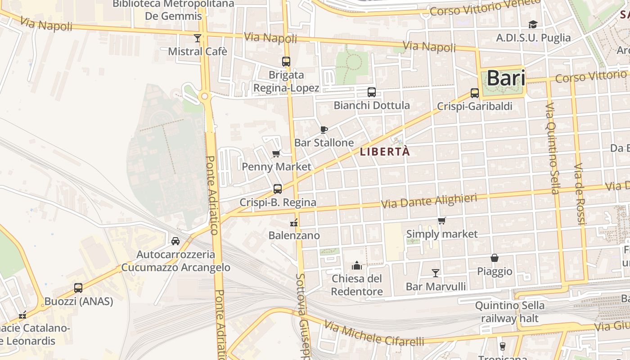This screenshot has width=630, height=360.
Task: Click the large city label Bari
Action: click(506, 78)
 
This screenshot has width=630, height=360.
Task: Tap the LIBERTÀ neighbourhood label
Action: click(385, 152)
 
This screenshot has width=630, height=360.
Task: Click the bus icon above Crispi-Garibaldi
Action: click(475, 93)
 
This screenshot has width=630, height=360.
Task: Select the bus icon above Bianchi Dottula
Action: click(372, 92)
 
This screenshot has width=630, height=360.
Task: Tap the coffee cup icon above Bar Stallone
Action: click(324, 130)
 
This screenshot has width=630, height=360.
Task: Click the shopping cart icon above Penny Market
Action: click(276, 154)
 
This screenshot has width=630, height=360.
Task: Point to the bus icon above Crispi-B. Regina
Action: click(278, 189)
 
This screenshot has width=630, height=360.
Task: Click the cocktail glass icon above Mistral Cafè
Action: click(198, 38)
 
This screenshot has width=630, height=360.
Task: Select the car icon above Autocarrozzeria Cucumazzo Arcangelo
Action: click(175, 241)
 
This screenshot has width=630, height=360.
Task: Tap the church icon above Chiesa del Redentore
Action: click(357, 265)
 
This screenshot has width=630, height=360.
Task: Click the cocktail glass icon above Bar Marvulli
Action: click(436, 273)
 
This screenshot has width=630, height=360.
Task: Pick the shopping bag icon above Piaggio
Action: click(495, 258)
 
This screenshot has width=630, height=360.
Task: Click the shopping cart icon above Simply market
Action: click(442, 220)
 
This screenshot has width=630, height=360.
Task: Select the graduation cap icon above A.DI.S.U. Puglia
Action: click(533, 24)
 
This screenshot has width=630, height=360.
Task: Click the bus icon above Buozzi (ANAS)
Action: click(78, 288)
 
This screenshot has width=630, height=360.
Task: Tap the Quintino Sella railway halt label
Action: click(509, 312)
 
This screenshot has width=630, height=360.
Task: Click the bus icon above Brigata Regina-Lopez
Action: click(286, 62)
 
